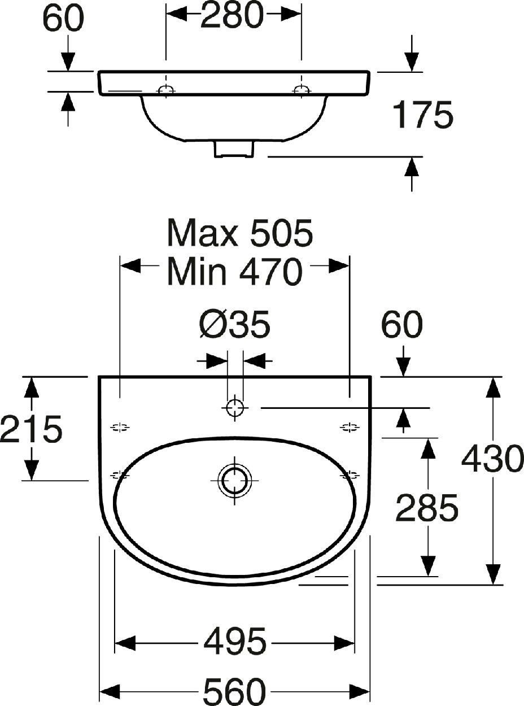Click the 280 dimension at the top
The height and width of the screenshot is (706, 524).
coord(232,15)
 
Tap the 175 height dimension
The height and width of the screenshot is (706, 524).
coord(422,115)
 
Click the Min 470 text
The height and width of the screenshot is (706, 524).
coord(235,272)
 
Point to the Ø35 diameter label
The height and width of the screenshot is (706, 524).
coord(235,325)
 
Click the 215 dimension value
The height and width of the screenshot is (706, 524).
coord(31,428)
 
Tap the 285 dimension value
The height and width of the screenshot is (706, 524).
coord(426,508)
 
